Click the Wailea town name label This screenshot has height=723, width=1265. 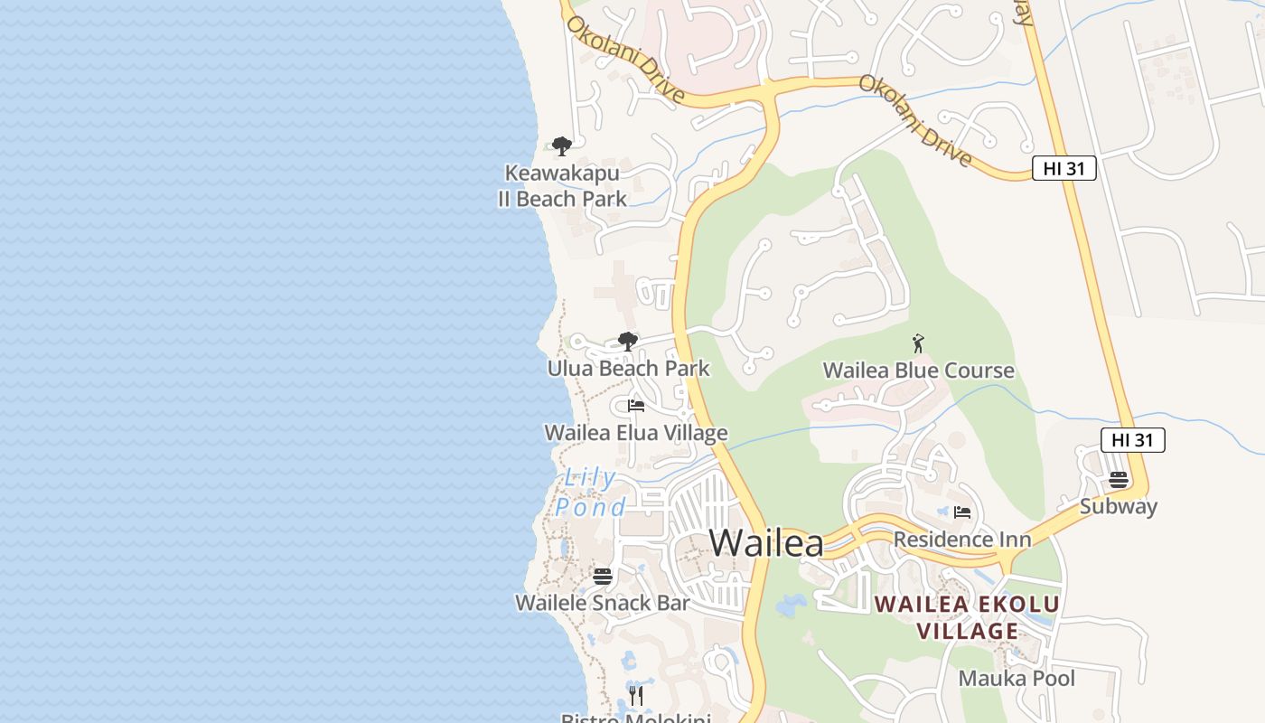coord(766,543)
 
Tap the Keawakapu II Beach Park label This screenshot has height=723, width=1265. coord(562,185)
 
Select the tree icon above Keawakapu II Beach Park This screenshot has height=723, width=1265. coord(562,146)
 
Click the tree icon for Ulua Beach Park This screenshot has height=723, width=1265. coord(628,342)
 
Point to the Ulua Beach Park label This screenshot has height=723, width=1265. coord(629,369)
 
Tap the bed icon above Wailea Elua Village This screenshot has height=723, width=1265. coord(636,406)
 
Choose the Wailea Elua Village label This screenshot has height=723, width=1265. coord(635,433)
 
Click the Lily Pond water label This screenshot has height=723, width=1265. coord(591,493)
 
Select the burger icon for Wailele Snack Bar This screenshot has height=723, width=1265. coord(603,576)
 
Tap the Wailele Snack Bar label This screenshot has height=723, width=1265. coord(603,603)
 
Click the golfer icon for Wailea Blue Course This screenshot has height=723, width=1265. coord(918,343)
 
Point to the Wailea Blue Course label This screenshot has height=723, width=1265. coord(918,371)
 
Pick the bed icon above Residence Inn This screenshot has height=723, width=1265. coord(962,512)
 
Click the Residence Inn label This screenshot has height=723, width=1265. coord(962,540)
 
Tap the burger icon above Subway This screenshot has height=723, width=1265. coord(1119,479)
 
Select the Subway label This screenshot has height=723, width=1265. coord(1119,506)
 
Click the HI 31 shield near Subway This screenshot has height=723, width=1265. coord(1132,440)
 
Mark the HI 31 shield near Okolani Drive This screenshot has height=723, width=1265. coord(1064,168)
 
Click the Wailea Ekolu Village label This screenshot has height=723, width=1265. coord(968,617)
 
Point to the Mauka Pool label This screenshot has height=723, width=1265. coord(1017,678)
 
